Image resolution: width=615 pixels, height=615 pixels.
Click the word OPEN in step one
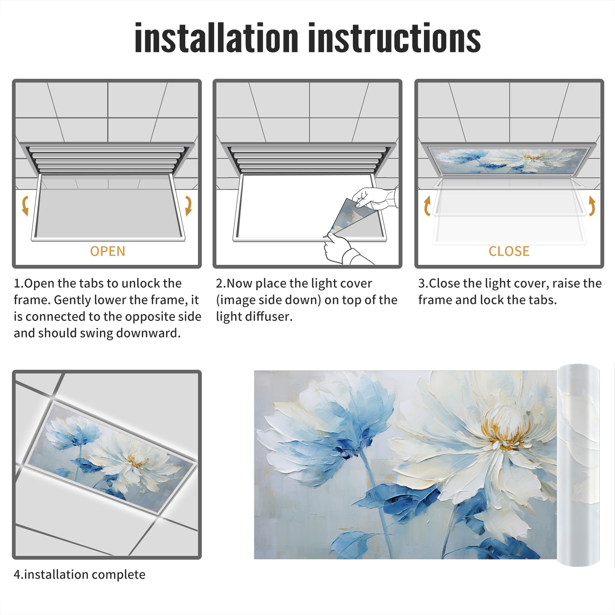point(108,251)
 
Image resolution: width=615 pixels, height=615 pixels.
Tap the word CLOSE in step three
point(509,251)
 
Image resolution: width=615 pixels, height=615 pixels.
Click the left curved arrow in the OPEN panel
point(25,206)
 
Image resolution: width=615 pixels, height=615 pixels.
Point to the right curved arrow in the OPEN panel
point(188,206)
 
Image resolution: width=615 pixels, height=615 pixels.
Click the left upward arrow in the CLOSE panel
point(427,206)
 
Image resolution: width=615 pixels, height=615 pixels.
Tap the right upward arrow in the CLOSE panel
point(592,206)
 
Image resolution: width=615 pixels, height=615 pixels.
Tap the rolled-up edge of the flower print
point(578,465)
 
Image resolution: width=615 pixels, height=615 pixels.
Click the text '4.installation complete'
point(80,574)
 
